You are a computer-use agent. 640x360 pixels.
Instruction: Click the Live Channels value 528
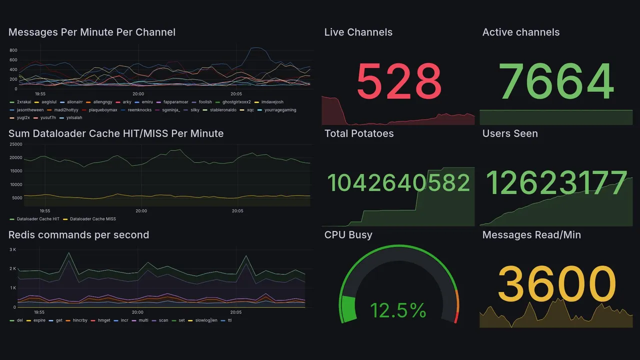click(x=398, y=81)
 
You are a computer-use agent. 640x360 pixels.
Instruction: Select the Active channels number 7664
click(x=556, y=81)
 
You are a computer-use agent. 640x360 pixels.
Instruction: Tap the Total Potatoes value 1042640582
click(x=398, y=183)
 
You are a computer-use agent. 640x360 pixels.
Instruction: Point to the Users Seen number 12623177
click(x=556, y=183)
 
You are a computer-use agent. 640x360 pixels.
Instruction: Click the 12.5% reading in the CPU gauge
click(x=398, y=310)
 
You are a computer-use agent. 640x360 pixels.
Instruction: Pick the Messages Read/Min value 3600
click(x=556, y=284)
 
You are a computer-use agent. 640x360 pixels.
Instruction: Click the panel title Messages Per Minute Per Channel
click(x=92, y=32)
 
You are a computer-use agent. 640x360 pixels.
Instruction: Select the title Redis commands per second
click(x=79, y=235)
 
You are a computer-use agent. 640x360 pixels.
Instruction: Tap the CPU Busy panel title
click(x=348, y=235)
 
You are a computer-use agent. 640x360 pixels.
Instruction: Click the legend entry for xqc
click(x=250, y=110)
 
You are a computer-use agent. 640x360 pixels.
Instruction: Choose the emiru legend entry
click(x=147, y=102)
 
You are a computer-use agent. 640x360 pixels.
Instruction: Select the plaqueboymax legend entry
click(x=102, y=110)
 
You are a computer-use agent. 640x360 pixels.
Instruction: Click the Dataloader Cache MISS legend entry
click(x=92, y=219)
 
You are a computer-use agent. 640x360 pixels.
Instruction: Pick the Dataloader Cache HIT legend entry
click(x=37, y=219)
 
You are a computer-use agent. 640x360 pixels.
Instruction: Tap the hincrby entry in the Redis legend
click(x=80, y=320)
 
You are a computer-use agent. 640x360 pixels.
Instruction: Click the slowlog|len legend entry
click(x=205, y=320)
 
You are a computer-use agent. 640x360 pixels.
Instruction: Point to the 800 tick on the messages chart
click(x=13, y=50)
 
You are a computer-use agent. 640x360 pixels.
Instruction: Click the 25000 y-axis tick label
click(x=16, y=144)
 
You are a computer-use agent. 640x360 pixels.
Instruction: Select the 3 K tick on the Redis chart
click(x=13, y=249)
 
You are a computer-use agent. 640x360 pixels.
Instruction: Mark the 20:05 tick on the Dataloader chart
click(x=237, y=211)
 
